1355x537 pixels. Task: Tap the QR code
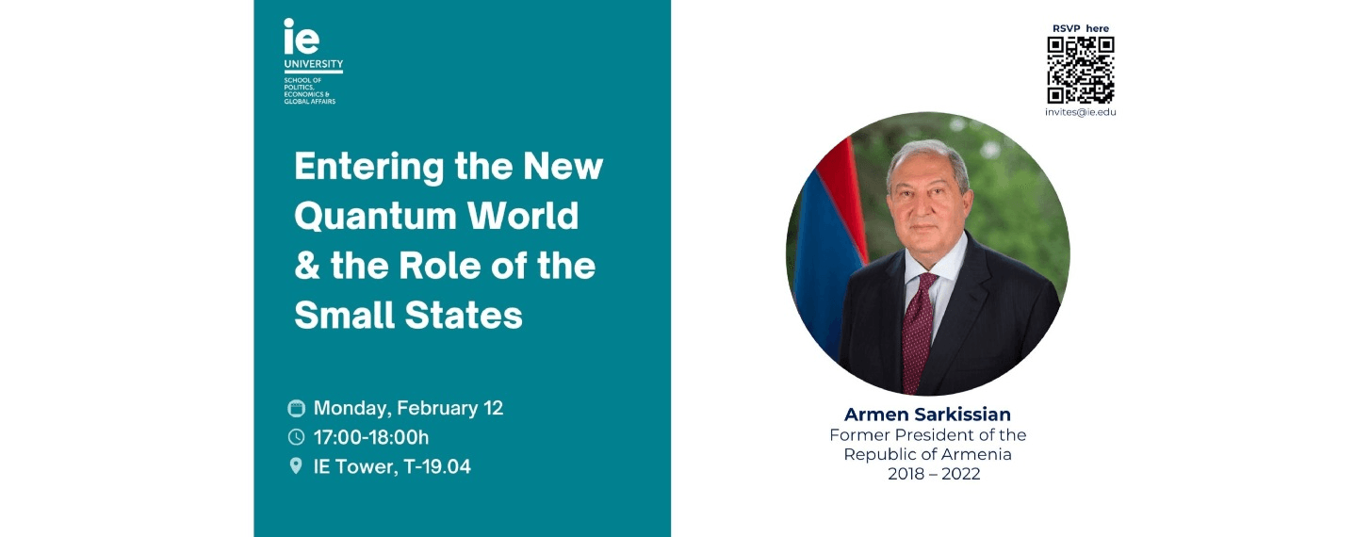1081,70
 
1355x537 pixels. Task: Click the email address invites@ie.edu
1081,112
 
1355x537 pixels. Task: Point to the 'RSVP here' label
1081,28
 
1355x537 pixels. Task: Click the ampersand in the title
306,267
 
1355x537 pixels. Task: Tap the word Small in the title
345,315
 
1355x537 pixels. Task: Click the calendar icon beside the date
296,408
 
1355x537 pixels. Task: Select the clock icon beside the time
296,437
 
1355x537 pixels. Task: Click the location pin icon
296,465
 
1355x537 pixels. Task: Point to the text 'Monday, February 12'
408,408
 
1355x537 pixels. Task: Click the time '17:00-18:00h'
371,437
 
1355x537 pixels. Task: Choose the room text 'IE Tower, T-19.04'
392,465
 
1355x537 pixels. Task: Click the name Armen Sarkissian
927,415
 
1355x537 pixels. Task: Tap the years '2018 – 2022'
934,474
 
